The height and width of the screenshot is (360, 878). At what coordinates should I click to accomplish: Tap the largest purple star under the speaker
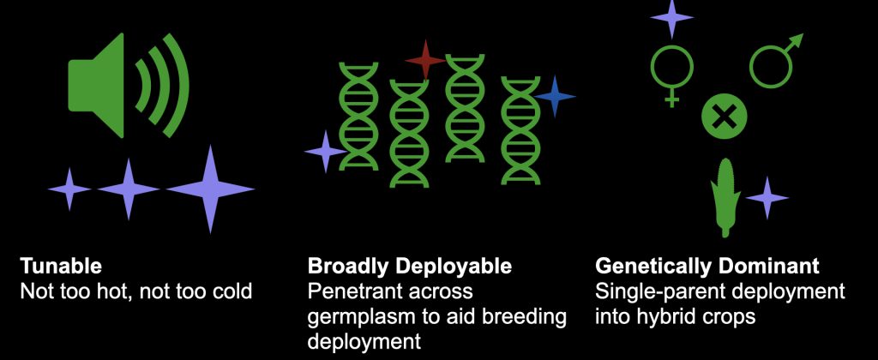click(210, 189)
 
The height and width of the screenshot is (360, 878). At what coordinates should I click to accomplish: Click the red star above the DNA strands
click(425, 59)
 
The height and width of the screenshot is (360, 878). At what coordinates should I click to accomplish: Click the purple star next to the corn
click(767, 198)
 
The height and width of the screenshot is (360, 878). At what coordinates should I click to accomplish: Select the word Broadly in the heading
click(344, 266)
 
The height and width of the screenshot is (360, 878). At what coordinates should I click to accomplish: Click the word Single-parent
click(651, 291)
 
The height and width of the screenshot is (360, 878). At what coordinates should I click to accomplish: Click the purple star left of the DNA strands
click(325, 152)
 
